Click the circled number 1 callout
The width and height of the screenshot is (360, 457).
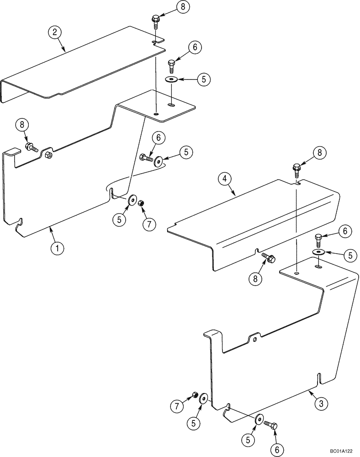57,249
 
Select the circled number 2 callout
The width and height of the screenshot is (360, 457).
55,32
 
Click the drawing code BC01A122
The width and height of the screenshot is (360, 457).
342,452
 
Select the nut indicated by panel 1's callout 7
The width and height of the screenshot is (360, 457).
141,203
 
